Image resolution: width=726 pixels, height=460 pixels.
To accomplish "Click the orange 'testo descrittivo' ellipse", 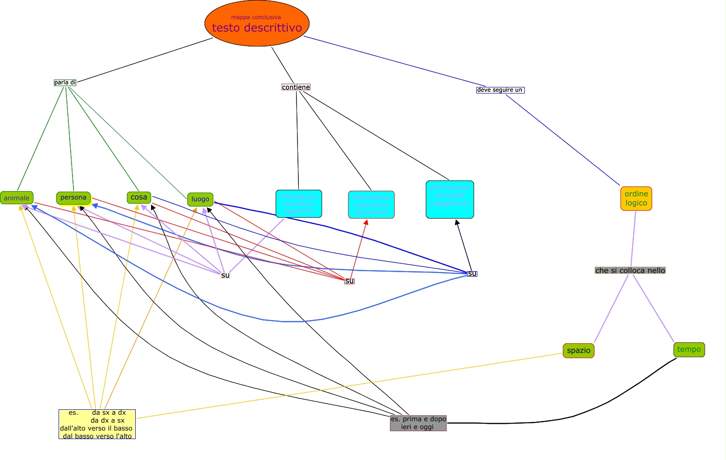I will pos(257,24).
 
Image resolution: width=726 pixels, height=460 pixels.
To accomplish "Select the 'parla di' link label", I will pos(65,83).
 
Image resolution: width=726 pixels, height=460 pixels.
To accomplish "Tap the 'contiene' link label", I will pos(296,87).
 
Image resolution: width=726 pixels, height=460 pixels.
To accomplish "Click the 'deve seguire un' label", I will pos(500,90).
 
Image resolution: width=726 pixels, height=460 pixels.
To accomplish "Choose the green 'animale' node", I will pos(17,198).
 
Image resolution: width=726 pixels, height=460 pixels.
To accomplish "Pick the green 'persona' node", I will pos(73,198).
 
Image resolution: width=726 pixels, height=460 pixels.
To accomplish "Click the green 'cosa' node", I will pos(139,197).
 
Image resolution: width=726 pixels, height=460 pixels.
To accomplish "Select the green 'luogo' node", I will pos(200,199).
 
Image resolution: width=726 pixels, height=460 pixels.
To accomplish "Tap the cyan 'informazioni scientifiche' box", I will pos(299,204).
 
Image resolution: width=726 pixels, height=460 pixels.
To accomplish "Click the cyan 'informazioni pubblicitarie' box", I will pos(371,205).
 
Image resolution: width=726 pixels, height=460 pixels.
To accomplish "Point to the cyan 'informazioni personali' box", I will pos(450,200).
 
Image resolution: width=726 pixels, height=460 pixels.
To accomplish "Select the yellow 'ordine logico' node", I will pos(636,199).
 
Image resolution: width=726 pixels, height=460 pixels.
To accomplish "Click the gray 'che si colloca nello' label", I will pos(630,271).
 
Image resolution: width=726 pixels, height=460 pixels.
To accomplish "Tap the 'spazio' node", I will pos(579,351).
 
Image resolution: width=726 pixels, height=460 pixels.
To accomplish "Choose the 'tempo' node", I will pos(689,350).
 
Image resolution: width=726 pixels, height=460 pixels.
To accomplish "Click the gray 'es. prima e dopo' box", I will pos(418,423).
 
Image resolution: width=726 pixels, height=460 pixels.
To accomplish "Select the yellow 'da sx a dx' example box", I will pos(97,424).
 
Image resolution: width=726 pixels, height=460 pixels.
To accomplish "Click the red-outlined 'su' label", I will pos(350,281).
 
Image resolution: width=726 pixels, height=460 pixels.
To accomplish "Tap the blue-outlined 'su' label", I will pos(472,273).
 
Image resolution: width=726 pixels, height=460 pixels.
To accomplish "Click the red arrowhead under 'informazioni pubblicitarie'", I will pos(366,223).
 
